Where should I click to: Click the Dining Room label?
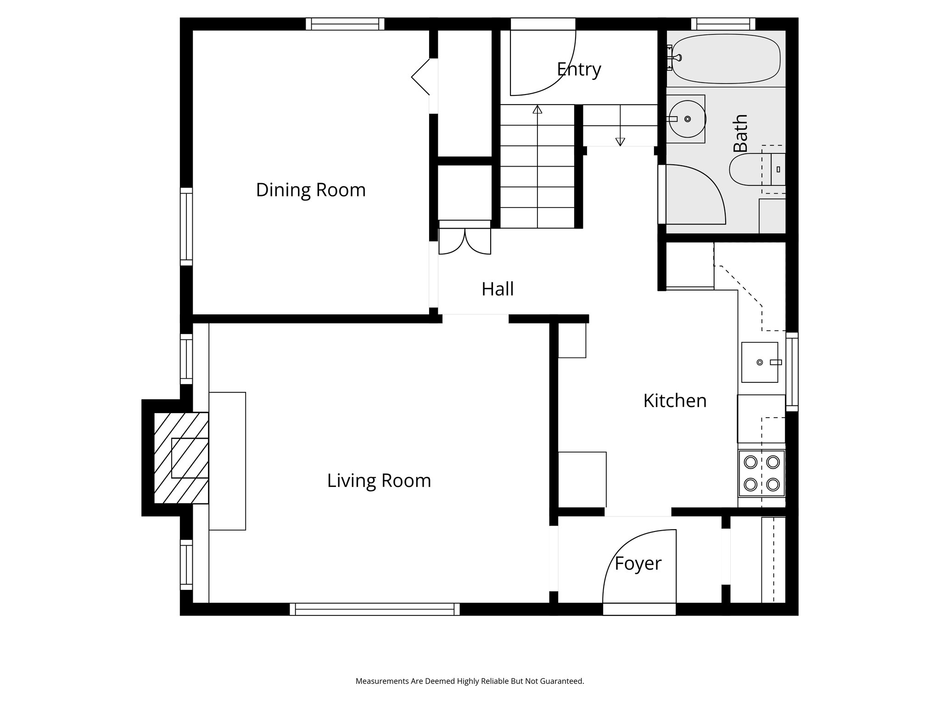coord(311,190)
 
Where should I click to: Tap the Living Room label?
coord(379,481)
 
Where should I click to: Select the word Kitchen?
coord(674,401)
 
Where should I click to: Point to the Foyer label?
coord(638,563)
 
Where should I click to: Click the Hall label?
coord(498,289)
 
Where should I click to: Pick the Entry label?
coord(578,69)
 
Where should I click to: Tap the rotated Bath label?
coord(740,133)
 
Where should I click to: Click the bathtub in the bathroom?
coord(726,58)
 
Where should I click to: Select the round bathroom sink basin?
coord(687,119)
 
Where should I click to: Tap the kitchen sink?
coord(760,362)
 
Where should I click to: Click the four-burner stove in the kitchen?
coord(761,473)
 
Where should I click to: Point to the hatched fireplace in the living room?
coord(181,458)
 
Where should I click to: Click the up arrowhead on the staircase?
coord(537,110)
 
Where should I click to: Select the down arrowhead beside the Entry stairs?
coord(620,142)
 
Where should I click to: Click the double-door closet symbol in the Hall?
coord(464,241)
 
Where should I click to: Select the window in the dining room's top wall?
coord(345,24)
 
